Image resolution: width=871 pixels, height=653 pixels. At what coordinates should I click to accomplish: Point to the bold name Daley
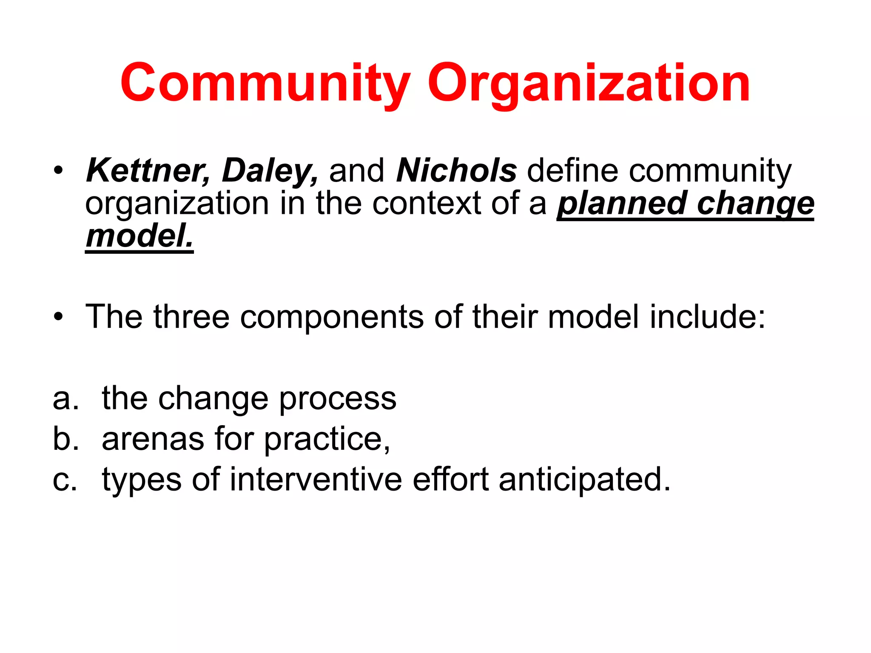pyautogui.click(x=270, y=171)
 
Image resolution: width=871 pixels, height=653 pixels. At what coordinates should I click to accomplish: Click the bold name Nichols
pyautogui.click(x=456, y=171)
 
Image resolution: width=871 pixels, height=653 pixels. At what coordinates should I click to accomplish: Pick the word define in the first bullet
pyautogui.click(x=572, y=171)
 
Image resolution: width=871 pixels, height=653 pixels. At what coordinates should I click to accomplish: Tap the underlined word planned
pyautogui.click(x=621, y=204)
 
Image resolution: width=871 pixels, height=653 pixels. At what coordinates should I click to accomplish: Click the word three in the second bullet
pyautogui.click(x=191, y=317)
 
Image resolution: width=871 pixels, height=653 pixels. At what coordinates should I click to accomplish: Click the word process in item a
pyautogui.click(x=338, y=400)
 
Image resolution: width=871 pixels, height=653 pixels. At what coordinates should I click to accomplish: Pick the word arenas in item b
pyautogui.click(x=153, y=440)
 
